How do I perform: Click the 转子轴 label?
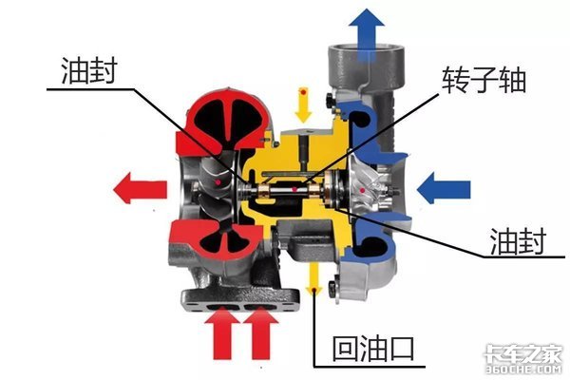pos(484,80)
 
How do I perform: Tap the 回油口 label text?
pos(373,349)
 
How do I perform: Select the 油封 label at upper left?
pos(89,70)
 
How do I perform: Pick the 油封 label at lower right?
pos(518,240)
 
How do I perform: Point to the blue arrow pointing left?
pos(444,188)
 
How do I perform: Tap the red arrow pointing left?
pos(140,188)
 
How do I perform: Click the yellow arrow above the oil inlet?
pos(303,104)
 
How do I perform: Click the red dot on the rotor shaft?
pos(294,189)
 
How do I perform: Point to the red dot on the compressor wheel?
pos(362,190)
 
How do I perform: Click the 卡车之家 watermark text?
pos(523,353)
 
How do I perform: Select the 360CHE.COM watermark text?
pos(523,370)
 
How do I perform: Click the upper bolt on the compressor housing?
pos(331,101)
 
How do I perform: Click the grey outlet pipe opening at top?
pos(366,48)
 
